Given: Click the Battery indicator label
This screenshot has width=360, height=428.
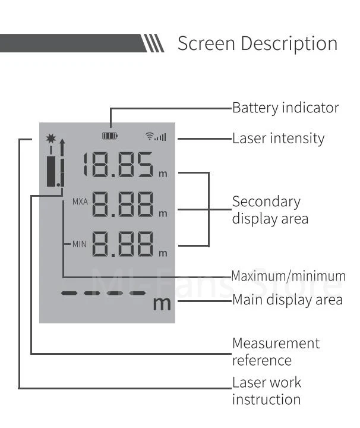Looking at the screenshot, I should coord(285,108).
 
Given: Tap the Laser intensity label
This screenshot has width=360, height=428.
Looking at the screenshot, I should coord(278,139).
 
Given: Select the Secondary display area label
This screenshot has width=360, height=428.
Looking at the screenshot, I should coord(270,210).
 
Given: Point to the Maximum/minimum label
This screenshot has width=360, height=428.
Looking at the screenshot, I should coord(288,276).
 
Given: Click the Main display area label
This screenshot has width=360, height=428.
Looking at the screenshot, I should coord(287,300).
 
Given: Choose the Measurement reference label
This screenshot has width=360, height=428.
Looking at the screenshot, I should coord(276,351).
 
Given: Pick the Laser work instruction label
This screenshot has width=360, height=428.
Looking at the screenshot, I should coord(267,391).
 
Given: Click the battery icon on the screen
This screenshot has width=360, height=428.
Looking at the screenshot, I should coord(110,136).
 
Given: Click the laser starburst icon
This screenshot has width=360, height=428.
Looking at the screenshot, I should coord(51,139).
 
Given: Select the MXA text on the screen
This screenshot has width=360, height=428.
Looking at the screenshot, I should coord(80,202).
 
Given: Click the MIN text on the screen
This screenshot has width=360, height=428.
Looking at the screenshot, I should coord(80,243).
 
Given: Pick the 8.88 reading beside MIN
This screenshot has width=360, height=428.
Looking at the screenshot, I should coord(123,245).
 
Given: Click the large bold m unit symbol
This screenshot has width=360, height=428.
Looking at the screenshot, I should coord(162,303).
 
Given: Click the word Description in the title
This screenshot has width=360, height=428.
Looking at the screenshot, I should coord(291,43).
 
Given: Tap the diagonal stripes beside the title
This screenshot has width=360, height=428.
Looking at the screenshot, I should coord(153,43).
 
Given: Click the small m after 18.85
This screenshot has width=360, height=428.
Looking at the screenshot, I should coord(163,174).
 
